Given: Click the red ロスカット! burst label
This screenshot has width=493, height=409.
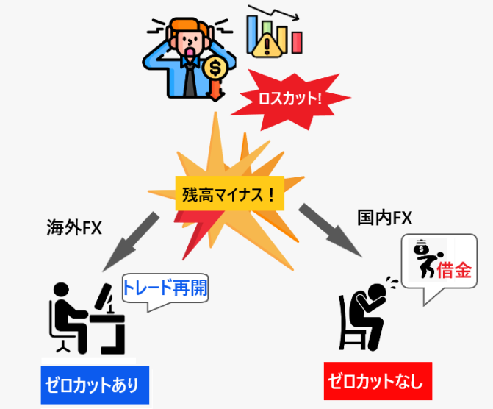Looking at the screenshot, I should click(289, 98).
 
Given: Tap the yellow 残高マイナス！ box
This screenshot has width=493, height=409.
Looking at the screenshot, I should click(229, 196).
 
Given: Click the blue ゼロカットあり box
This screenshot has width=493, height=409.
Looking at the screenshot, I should click(95, 385).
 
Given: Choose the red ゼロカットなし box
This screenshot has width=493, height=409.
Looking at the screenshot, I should click(378, 382).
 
